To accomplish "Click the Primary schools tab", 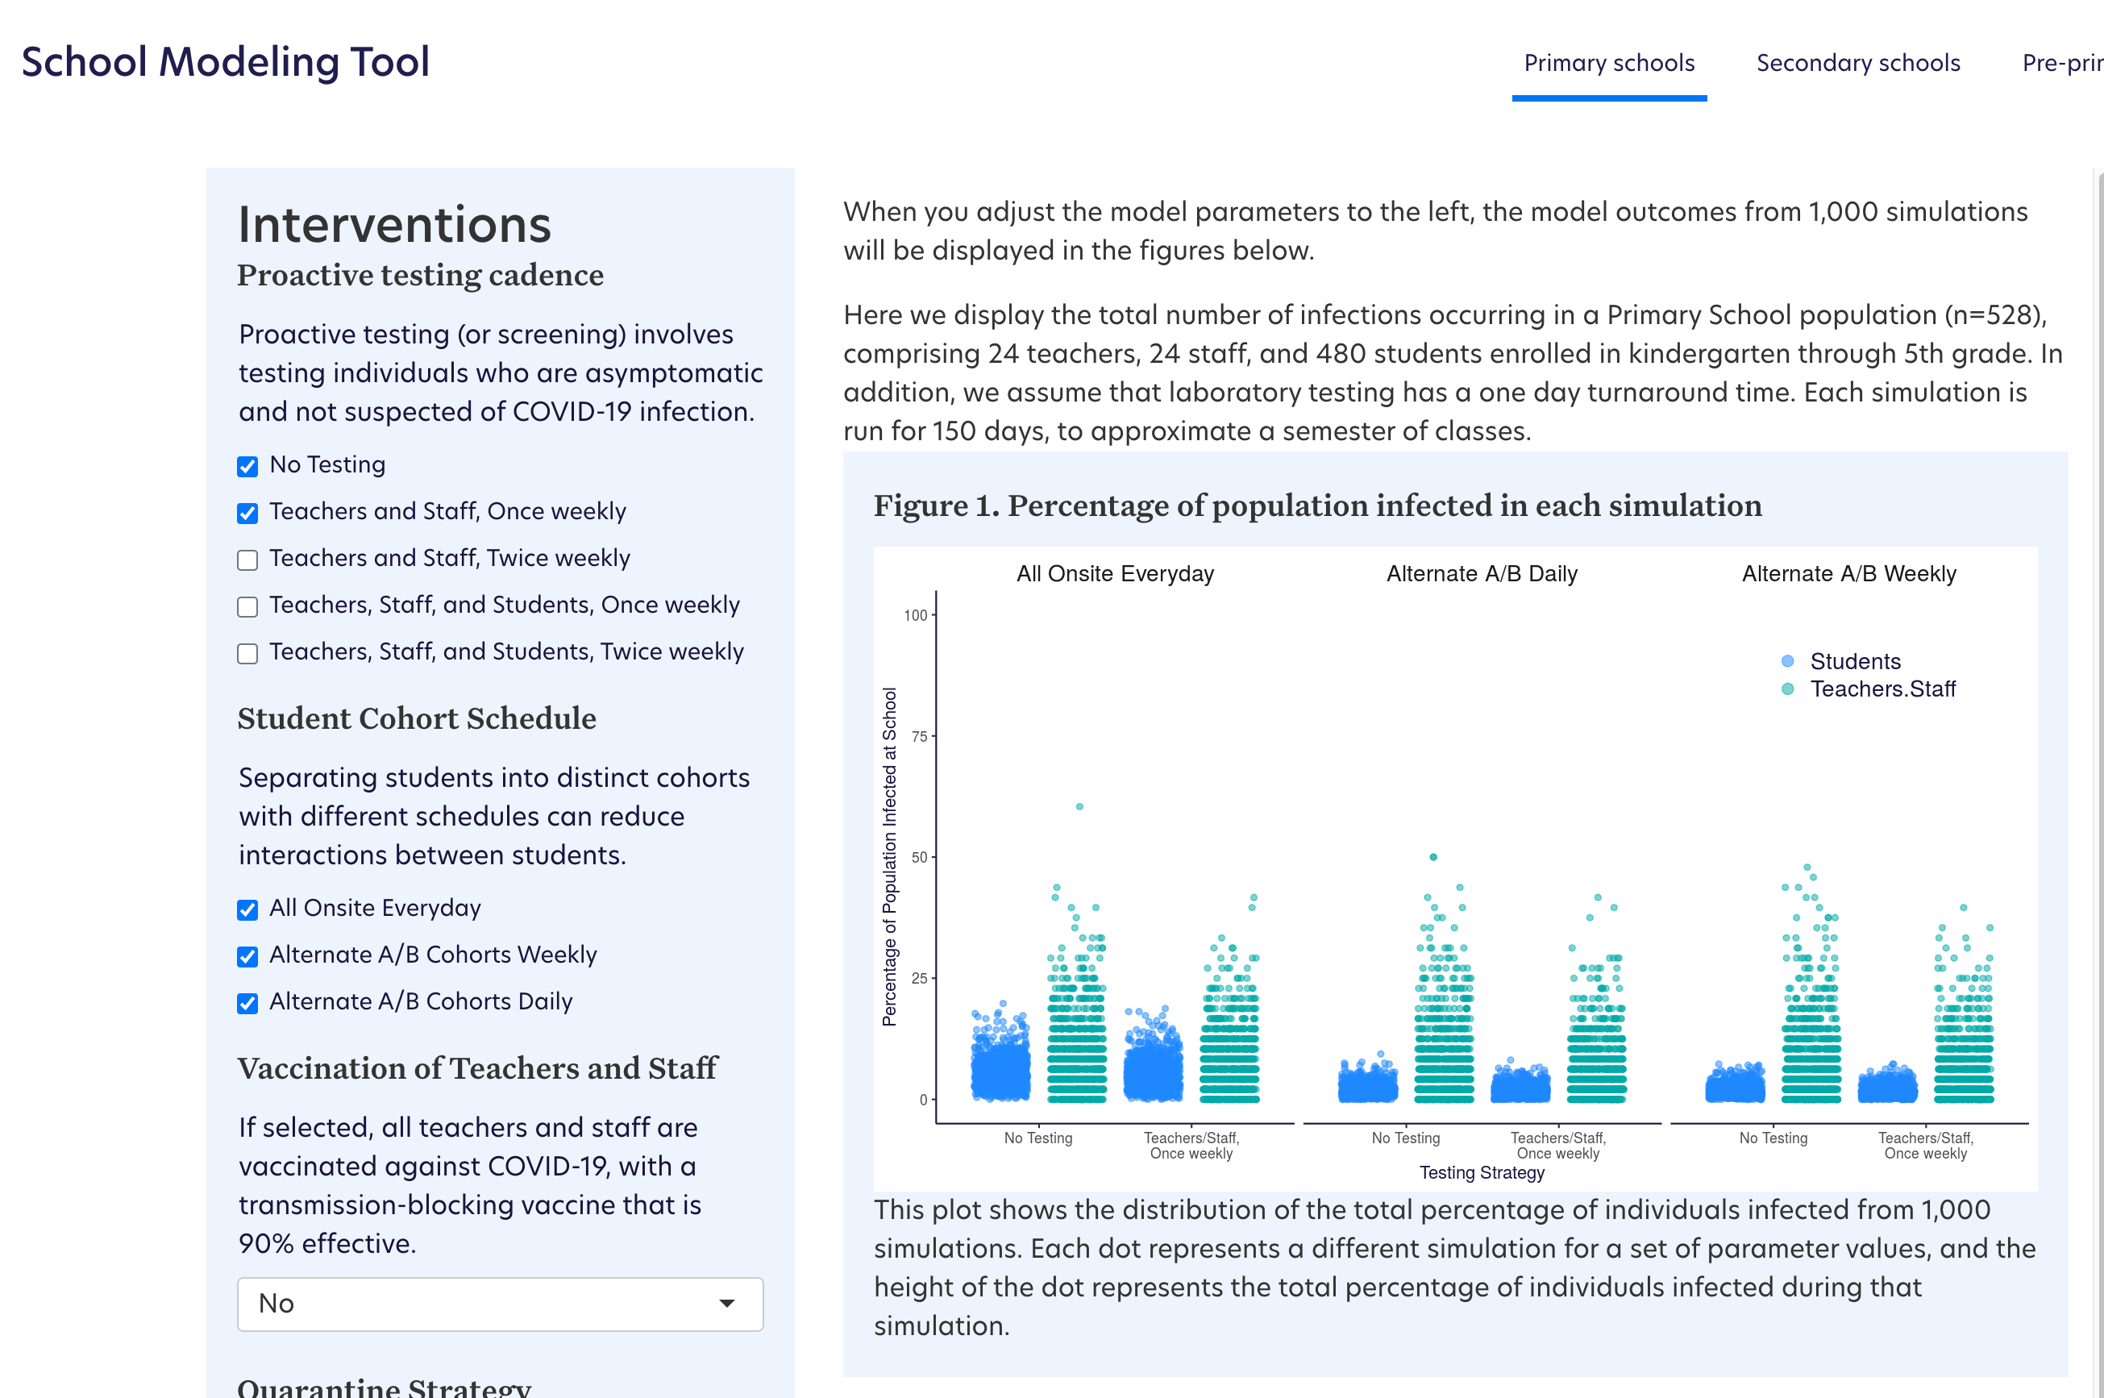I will coord(1608,64).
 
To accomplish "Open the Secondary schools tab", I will coord(1857,64).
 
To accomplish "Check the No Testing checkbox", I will coord(247,466).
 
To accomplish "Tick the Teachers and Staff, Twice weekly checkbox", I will coord(247,560).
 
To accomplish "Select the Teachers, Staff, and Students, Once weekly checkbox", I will coord(247,607).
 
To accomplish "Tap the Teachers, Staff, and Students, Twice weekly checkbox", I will coord(247,654).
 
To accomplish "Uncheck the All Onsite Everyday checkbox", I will coord(247,909).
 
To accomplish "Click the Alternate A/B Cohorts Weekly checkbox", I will coord(247,957).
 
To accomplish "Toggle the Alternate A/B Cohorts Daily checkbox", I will coord(247,1003).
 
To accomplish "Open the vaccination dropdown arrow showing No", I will coord(726,1304).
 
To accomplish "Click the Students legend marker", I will coord(1786,662).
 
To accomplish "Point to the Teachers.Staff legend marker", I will coord(1786,689).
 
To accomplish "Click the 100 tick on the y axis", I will coord(915,615).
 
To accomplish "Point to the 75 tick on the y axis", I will coord(918,736).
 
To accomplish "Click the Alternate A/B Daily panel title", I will coord(1482,573).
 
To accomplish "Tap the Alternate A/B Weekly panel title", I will coord(1848,573).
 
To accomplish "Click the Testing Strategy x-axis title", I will coord(1482,1172).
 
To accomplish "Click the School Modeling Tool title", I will coord(226,62).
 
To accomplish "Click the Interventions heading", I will coord(394,224).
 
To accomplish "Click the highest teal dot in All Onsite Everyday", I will coord(1079,806).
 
